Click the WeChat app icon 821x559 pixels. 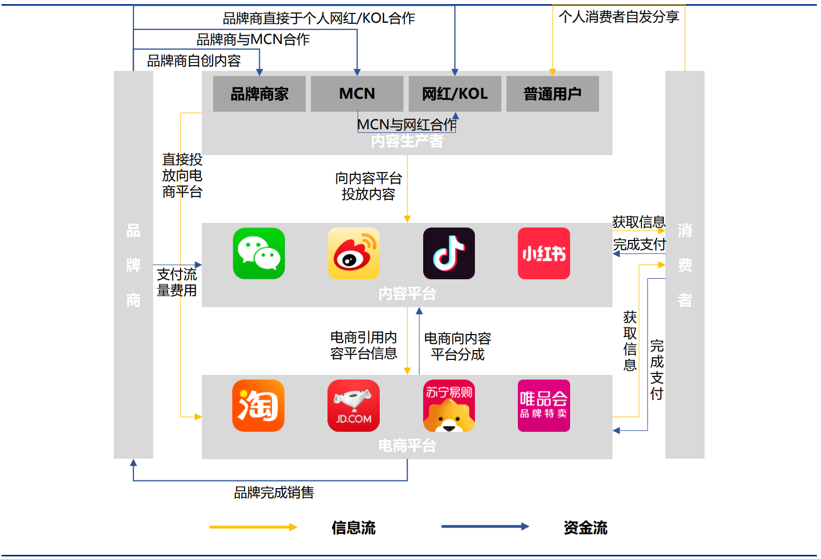click(259, 253)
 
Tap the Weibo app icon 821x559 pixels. click(353, 253)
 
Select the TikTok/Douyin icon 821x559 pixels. click(449, 253)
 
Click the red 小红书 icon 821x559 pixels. click(544, 253)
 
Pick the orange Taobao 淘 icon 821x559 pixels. click(258, 405)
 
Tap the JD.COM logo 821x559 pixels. click(353, 405)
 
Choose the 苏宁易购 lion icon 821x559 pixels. click(449, 405)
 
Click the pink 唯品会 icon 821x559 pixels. click(544, 405)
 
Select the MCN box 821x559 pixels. click(357, 94)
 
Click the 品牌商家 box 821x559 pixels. click(259, 94)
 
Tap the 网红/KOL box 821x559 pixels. click(455, 94)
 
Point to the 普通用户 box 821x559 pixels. click(553, 94)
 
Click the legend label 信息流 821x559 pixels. click(353, 527)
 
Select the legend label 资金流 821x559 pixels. click(585, 527)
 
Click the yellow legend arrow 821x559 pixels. click(253, 527)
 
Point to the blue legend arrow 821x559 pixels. click(485, 526)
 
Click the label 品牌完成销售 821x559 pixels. click(274, 492)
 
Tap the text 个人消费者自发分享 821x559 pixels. click(619, 17)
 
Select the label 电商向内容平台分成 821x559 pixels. click(457, 346)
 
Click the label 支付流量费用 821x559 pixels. click(177, 282)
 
